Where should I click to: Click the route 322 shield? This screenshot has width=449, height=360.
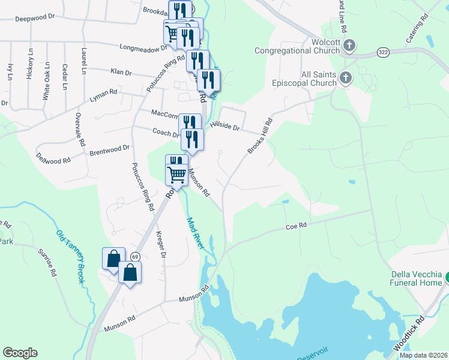coord(382,53)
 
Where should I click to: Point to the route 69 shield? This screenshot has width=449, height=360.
coord(135,256)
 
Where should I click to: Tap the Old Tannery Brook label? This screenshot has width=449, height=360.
coord(71,256)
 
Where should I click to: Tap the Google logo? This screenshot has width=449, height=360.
coord(20,353)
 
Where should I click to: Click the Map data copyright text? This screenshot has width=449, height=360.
coord(424,355)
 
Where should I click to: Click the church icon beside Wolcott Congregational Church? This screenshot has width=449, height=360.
coord(350,45)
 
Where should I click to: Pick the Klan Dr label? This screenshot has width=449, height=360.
coord(121,72)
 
